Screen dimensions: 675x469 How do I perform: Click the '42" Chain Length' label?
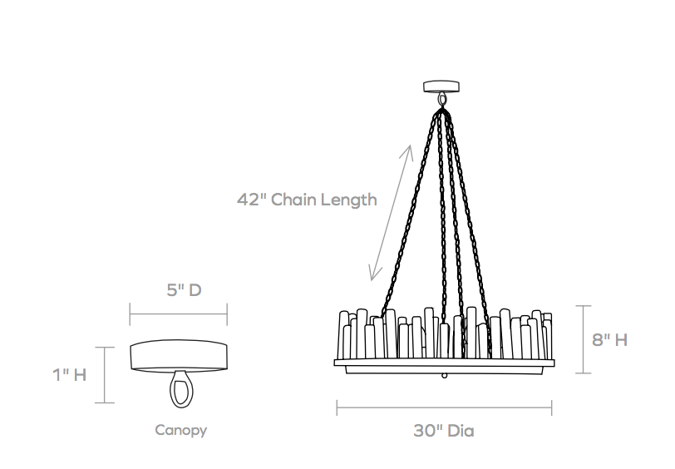click(307, 200)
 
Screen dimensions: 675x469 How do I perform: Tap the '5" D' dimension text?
click(185, 290)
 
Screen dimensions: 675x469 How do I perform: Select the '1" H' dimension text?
click(70, 375)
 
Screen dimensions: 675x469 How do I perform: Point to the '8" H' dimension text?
click(609, 340)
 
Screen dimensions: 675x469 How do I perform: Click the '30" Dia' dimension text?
click(444, 431)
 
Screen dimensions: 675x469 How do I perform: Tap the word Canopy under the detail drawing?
click(181, 430)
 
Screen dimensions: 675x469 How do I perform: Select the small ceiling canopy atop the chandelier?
click(441, 86)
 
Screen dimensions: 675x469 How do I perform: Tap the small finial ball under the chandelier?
click(444, 376)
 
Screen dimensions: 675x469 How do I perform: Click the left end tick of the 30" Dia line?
click(337, 407)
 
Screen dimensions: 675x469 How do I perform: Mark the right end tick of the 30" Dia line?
click(551, 407)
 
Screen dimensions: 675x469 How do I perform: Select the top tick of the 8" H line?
click(584, 306)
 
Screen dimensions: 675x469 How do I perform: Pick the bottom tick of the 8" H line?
click(584, 373)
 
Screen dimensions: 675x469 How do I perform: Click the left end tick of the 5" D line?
click(130, 314)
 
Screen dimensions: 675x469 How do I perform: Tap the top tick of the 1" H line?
click(105, 347)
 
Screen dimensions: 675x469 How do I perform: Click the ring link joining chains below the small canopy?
click(441, 100)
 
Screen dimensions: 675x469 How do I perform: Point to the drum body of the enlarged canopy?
click(179, 355)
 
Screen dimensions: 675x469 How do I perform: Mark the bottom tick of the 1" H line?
click(105, 403)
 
